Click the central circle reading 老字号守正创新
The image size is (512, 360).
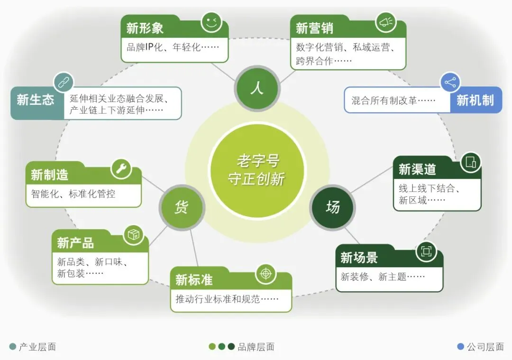(x=257, y=171)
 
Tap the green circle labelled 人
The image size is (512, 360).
(x=256, y=87)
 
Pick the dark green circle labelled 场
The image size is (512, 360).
(x=332, y=207)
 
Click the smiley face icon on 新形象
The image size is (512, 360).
(x=211, y=22)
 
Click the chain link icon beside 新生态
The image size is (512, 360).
(x=63, y=83)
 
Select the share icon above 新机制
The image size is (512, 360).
(x=450, y=83)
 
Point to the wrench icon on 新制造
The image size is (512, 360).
(x=121, y=169)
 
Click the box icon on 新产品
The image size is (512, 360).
(x=134, y=234)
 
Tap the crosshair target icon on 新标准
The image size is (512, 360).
(x=266, y=273)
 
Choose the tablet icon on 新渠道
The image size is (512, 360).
(x=470, y=162)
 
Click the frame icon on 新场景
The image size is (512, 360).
(x=426, y=251)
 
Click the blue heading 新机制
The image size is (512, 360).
(x=475, y=100)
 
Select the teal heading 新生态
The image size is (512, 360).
(x=36, y=100)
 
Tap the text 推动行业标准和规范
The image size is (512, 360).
(x=227, y=299)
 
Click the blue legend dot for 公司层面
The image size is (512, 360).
(x=460, y=347)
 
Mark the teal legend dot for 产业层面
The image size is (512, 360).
(x=12, y=347)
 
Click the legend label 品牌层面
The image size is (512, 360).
(x=256, y=347)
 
